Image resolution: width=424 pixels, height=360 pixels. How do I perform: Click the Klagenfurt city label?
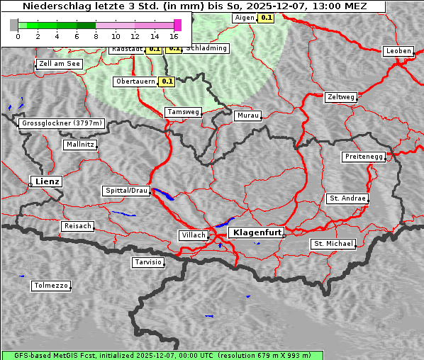point(257,232)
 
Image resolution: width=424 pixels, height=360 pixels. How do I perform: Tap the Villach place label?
point(193,235)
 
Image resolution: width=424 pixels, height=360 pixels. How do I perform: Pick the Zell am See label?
point(60,64)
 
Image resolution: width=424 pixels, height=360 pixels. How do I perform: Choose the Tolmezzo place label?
point(51,286)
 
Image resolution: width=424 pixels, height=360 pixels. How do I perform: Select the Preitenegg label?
point(364,157)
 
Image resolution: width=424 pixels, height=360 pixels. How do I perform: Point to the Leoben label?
point(398,51)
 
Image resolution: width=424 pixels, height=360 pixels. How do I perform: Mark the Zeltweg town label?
point(341,97)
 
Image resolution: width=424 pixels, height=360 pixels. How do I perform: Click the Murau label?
point(248,116)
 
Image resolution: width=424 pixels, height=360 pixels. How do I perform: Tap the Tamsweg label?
point(183,112)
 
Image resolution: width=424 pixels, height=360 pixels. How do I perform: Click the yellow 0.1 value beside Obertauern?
point(167,81)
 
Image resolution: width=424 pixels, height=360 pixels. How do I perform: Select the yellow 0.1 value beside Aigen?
point(267,18)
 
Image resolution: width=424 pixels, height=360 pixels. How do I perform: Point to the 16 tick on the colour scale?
point(174,35)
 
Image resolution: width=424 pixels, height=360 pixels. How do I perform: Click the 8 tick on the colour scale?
point(96,35)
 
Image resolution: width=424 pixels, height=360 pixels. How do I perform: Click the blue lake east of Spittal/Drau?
point(163,195)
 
